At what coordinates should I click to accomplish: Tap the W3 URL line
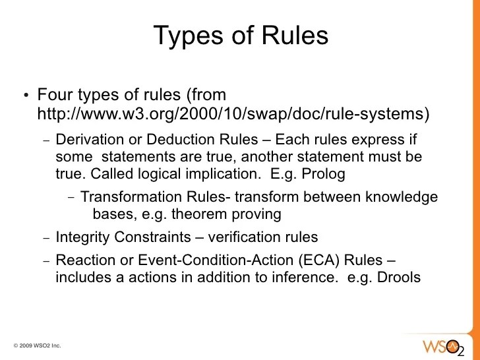(x=233, y=114)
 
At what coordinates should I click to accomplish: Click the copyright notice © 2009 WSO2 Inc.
(x=38, y=345)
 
